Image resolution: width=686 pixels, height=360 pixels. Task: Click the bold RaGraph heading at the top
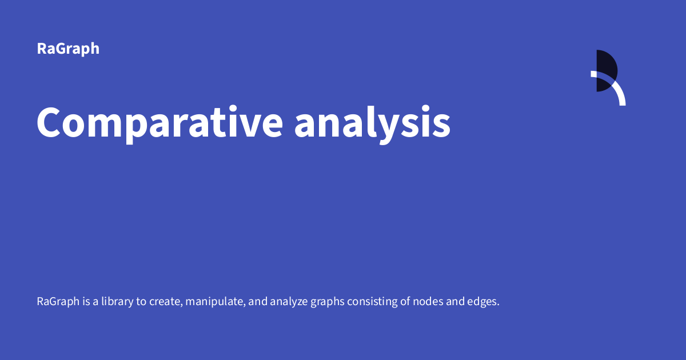tap(68, 49)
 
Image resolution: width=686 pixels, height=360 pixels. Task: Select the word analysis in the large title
tap(372, 122)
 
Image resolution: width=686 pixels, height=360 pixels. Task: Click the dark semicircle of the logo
tap(606, 70)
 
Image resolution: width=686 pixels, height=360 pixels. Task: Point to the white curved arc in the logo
tap(617, 91)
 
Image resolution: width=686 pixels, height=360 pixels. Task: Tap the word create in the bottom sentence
tap(166, 301)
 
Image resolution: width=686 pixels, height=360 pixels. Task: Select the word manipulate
tap(216, 301)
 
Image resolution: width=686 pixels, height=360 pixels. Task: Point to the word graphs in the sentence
tap(328, 302)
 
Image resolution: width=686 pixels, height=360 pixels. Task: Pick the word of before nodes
tap(404, 301)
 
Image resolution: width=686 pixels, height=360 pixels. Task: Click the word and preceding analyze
tap(258, 301)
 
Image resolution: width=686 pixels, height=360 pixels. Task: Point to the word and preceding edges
tap(454, 301)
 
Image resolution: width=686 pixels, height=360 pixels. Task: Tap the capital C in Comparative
tap(50, 122)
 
